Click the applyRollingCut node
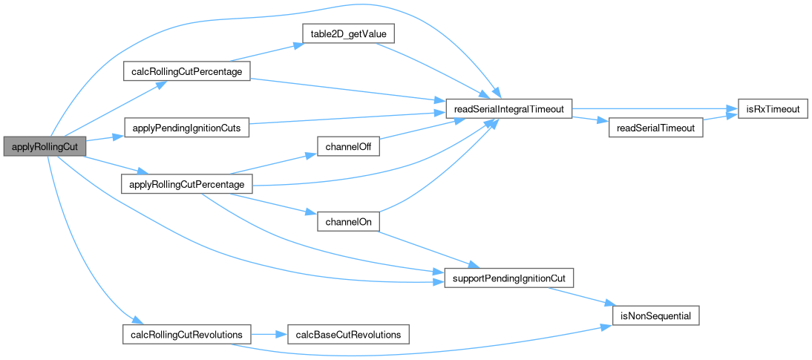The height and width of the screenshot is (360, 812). click(x=45, y=146)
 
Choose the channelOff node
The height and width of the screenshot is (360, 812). click(x=348, y=146)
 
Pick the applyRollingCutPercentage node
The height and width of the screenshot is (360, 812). click(x=186, y=183)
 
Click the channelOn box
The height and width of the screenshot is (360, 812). click(x=348, y=221)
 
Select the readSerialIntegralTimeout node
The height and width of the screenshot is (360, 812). click(x=508, y=109)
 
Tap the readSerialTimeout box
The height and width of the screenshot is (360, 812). click(x=655, y=128)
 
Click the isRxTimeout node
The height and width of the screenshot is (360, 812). click(x=773, y=109)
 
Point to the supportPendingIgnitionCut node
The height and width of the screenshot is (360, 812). click(x=508, y=278)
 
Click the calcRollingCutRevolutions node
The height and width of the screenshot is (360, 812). click(x=186, y=335)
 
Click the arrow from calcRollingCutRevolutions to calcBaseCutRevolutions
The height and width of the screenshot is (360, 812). click(x=268, y=335)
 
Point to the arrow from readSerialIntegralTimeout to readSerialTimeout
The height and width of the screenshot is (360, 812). click(x=589, y=119)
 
